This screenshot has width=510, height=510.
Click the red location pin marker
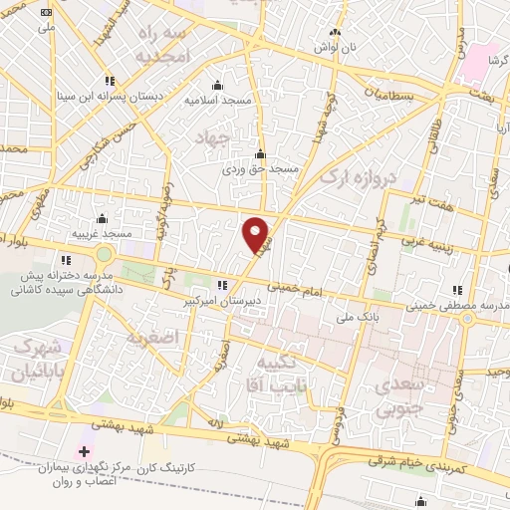(x=256, y=234)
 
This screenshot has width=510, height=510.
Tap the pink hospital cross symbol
(x=84, y=451)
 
